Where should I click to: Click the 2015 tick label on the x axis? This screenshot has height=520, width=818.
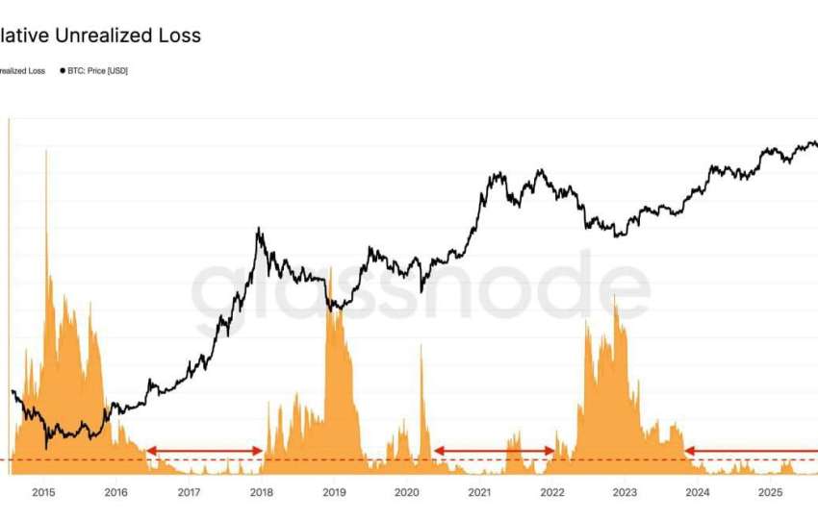43,493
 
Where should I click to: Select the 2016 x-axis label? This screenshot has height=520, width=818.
115,493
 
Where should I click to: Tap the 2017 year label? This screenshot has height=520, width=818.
189,493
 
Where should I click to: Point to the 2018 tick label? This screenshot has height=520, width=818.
261,493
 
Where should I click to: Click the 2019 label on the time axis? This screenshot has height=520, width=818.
333,493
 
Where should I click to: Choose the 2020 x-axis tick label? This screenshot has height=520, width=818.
406,493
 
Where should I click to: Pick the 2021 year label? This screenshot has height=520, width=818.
479,493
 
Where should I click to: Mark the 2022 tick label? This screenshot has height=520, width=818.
552,493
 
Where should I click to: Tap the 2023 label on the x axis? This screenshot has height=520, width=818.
625,493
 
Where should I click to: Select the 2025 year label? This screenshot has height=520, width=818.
770,493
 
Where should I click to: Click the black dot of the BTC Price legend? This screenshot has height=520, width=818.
63,71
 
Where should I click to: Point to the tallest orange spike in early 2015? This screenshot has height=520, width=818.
45,152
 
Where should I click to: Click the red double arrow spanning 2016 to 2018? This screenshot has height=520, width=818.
204,451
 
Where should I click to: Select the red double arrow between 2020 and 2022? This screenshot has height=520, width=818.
494,451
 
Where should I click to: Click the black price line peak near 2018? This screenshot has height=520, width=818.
257,230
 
